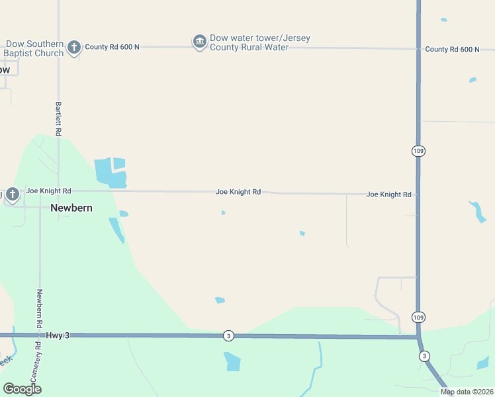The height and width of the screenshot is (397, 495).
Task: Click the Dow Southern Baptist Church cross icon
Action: pos(74,46)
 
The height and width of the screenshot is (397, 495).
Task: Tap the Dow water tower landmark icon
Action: pos(199,42)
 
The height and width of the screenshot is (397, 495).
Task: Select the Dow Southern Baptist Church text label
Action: pos(35,48)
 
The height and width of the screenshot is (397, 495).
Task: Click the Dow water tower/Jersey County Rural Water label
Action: pos(259,42)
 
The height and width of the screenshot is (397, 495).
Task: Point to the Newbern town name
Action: pos(71,208)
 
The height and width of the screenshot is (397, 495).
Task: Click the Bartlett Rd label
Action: pos(58,119)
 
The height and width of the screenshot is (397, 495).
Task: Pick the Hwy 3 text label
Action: pos(58,335)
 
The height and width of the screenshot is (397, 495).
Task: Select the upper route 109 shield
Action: pos(418,151)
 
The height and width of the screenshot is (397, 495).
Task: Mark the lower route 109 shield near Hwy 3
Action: pos(418,317)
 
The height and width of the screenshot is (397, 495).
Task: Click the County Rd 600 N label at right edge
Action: pos(452,50)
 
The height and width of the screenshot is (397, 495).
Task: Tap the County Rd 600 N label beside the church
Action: pos(112,46)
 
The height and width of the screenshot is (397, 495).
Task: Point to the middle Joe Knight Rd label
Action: pos(238,192)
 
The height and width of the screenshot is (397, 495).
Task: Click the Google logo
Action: pos(22,389)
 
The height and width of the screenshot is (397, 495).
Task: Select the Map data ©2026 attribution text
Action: pos(467,392)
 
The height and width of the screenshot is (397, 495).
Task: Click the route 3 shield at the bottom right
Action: pos(424,356)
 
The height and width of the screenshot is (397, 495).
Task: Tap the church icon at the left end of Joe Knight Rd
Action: pos(13,195)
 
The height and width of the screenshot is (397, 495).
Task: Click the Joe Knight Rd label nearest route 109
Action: pos(389,195)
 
